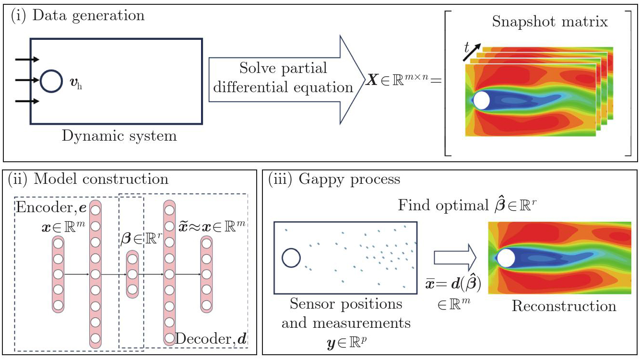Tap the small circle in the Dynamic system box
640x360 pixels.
click(x=51, y=81)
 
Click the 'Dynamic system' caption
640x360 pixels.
click(x=119, y=136)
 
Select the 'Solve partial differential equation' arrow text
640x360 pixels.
click(x=284, y=77)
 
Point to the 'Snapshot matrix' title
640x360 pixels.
click(x=550, y=22)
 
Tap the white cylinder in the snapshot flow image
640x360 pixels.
click(x=481, y=100)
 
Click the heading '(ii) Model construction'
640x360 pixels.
click(x=88, y=179)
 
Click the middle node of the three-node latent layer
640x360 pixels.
click(x=132, y=275)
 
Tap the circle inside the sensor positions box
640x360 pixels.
click(x=291, y=258)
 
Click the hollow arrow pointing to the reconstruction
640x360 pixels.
click(x=454, y=258)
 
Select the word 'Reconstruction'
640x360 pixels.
click(x=564, y=306)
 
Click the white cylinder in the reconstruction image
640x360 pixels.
click(x=507, y=258)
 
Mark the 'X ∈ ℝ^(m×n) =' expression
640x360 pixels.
click(x=403, y=81)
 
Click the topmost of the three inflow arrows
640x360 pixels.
click(x=27, y=60)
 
